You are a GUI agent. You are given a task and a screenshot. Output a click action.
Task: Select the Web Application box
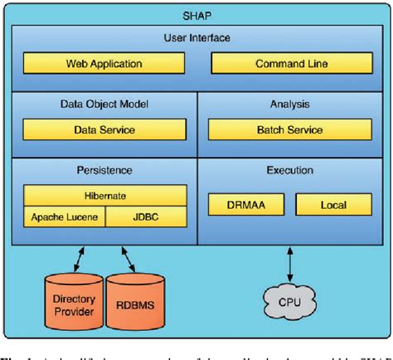[x=104, y=64]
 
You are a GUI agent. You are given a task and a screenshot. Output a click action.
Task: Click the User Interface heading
[x=196, y=38]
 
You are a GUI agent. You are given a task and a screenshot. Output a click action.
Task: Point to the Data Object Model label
[x=104, y=105]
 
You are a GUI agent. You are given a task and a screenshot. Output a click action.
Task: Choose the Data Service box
[x=104, y=130]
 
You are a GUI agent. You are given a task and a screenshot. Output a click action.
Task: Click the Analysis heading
[x=289, y=105]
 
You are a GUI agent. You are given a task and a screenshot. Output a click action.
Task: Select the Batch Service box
[x=289, y=130]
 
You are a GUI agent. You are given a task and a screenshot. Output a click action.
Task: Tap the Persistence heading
[x=104, y=171]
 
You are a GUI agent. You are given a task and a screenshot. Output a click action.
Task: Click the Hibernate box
[x=104, y=197]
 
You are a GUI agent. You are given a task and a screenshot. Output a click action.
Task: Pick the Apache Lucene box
[x=63, y=217]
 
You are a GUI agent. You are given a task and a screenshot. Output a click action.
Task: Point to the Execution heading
[x=289, y=171]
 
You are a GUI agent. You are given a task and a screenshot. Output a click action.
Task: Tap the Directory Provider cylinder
[x=72, y=304]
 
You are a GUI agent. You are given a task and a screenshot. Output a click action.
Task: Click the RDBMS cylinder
[x=133, y=304]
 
